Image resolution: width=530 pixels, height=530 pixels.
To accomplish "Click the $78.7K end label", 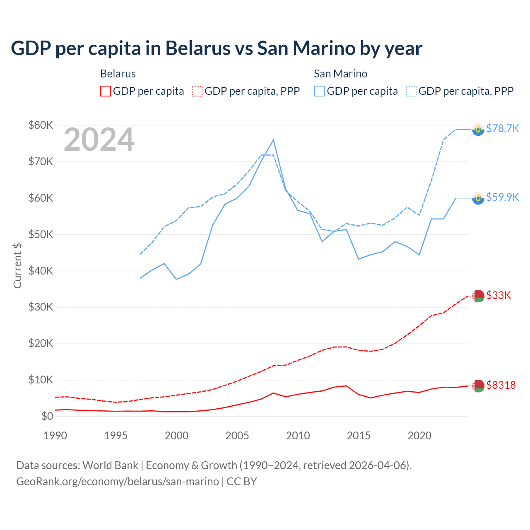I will (x=502, y=128).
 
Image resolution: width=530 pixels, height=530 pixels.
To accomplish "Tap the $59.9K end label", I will (x=502, y=197).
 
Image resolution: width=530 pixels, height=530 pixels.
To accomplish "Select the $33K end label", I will (x=499, y=295).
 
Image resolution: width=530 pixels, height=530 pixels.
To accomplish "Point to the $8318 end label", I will (x=501, y=385).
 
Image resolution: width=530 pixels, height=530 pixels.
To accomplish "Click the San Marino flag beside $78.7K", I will (x=478, y=130).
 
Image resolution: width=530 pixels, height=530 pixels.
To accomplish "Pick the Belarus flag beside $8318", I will (x=478, y=385).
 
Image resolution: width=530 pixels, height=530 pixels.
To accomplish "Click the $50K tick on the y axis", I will (x=41, y=234).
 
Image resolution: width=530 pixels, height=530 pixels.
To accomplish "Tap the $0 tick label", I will (x=47, y=416).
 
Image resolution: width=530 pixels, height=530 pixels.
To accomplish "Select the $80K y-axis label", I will (x=41, y=125).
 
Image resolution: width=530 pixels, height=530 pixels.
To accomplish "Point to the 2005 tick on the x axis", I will (x=237, y=436).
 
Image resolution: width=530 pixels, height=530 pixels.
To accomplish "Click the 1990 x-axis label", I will (x=55, y=436).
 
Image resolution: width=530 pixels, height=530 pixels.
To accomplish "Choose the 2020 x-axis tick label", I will (x=419, y=436).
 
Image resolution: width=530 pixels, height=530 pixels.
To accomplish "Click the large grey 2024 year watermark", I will (x=99, y=140).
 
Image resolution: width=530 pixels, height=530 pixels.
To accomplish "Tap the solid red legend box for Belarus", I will (x=106, y=91).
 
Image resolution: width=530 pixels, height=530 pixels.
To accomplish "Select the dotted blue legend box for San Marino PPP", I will (x=411, y=91).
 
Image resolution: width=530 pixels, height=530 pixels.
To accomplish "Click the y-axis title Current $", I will (x=17, y=266).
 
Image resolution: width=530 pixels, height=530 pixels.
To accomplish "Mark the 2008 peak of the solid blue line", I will (x=273, y=140).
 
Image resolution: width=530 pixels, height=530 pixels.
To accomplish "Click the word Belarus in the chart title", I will (x=198, y=48).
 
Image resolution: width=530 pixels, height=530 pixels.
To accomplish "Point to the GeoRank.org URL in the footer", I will (x=118, y=482).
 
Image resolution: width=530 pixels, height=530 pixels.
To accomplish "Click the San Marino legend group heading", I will (x=340, y=74).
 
